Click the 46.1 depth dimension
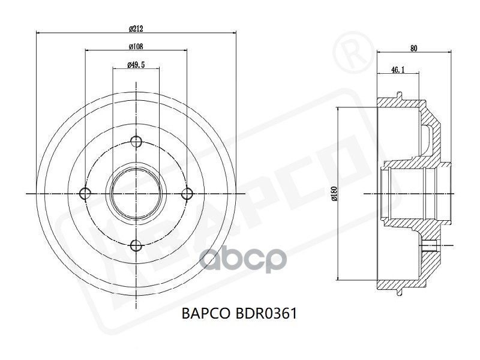397,70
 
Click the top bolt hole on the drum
136,142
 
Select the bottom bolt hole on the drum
136,245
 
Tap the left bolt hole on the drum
85,193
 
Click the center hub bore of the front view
136,193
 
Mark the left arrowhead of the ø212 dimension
39,32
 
